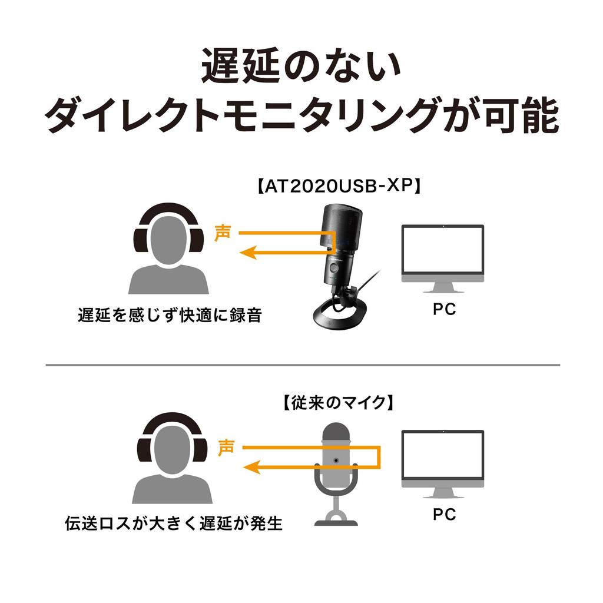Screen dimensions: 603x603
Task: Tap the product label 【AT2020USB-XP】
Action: coord(339,187)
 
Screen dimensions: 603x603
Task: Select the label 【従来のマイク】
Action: coord(336,403)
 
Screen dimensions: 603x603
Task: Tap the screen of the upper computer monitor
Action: coord(442,250)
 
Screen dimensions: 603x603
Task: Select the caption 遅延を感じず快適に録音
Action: coord(169,315)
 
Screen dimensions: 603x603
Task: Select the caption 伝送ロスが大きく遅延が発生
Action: coord(174,523)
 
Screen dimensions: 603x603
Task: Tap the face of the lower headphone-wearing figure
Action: coord(171,453)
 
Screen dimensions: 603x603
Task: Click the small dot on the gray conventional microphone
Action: coord(336,459)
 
